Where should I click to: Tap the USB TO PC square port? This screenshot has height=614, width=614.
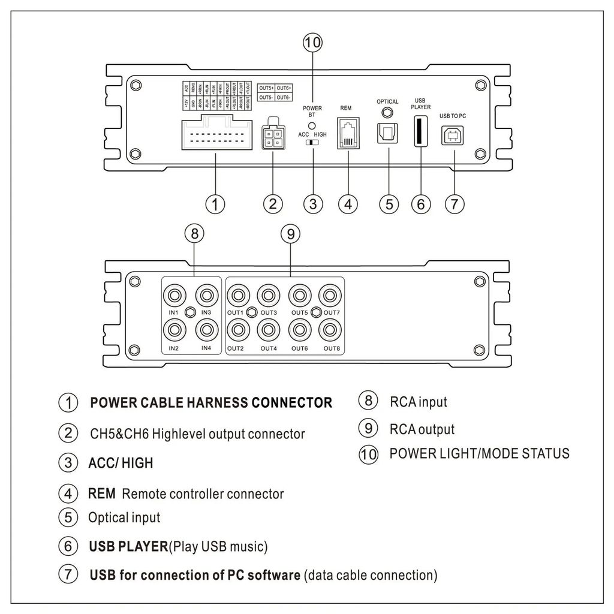pos(453,135)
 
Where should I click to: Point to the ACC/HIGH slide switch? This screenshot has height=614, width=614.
pos(312,144)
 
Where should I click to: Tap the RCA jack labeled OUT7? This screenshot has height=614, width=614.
pos(330,295)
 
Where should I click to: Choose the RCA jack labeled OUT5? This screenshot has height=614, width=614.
pos(299,295)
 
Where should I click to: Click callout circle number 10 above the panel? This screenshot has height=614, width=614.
pos(312,43)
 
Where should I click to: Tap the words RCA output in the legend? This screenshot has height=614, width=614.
pos(422,429)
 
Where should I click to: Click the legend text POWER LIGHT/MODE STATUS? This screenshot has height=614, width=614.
pos(479,453)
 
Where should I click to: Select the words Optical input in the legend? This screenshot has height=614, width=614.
pos(124,517)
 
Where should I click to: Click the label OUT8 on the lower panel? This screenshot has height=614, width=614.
pos(332,348)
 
